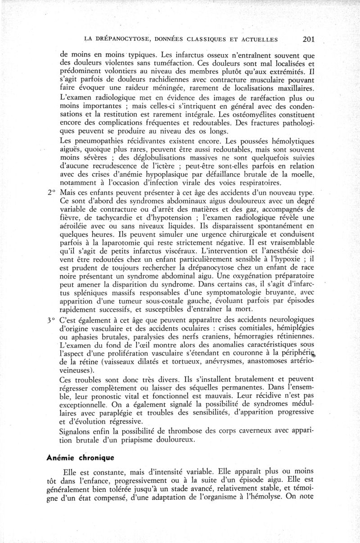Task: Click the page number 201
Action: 308,39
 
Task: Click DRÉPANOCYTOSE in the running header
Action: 120,40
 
